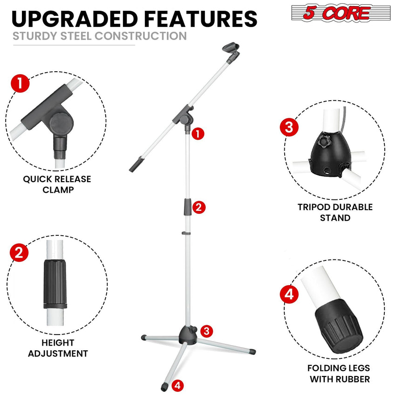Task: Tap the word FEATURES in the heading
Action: tap(200, 18)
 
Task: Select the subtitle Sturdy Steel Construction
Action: tap(99, 36)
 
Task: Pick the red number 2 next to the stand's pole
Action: tap(198, 207)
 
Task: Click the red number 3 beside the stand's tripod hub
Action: tap(207, 331)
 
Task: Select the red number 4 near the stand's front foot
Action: tap(178, 385)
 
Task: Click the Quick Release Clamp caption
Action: tap(57, 184)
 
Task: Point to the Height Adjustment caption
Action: tap(58, 348)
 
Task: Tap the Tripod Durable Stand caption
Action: tap(335, 212)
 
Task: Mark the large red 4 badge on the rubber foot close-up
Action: tap(289, 294)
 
